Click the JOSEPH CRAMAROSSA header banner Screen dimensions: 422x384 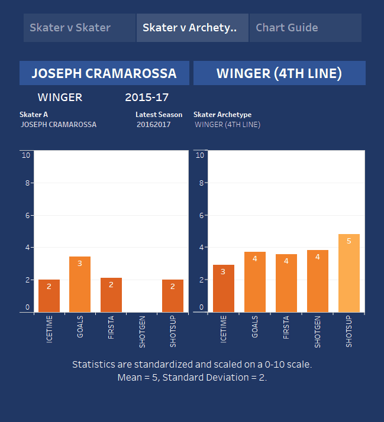coord(104,73)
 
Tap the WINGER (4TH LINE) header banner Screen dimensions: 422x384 coord(279,73)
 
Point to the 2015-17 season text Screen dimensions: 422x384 coord(147,97)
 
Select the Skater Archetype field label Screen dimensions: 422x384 coord(222,114)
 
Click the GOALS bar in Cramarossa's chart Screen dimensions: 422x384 coord(80,284)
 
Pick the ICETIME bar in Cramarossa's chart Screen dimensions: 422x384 coord(49,296)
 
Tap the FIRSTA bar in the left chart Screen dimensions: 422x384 coord(111,295)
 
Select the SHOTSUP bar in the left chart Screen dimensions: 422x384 coord(173,296)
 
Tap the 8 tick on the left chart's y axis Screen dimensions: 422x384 coord(26,183)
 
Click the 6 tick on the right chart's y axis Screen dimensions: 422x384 coord(201,216)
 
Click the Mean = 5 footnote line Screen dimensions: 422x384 coord(192,377)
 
